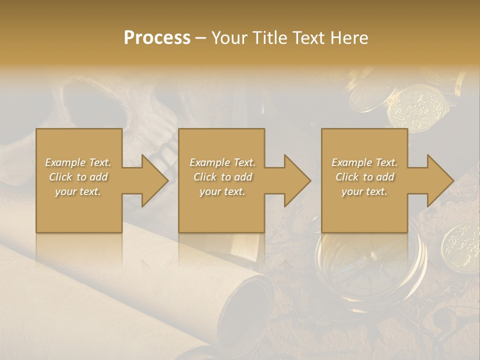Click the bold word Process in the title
[x=157, y=38]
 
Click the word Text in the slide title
[x=309, y=38]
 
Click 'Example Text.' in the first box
[x=78, y=162]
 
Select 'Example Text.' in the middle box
[x=222, y=162]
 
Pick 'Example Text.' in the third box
[x=364, y=162]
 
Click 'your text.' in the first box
[x=78, y=191]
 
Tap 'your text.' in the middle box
[x=222, y=191]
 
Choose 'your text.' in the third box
[x=364, y=191]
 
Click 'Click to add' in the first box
[x=78, y=177]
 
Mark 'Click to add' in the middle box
[x=222, y=177]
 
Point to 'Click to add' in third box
[x=364, y=177]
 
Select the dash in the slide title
[x=200, y=38]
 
